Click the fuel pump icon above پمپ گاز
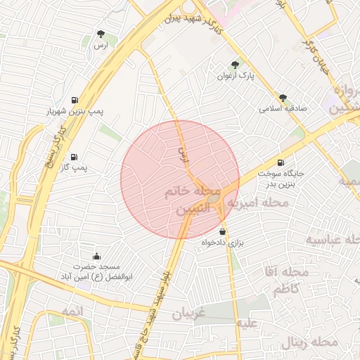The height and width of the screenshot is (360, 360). point(75,157)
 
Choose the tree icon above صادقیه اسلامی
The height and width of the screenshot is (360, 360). point(283,98)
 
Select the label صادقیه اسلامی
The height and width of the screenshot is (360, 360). point(279,110)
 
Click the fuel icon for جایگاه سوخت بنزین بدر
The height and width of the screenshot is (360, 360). point(281,162)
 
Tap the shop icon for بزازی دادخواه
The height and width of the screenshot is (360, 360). point(223,231)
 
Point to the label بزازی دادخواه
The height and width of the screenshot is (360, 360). point(222,243)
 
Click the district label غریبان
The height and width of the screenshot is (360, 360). point(189,313)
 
